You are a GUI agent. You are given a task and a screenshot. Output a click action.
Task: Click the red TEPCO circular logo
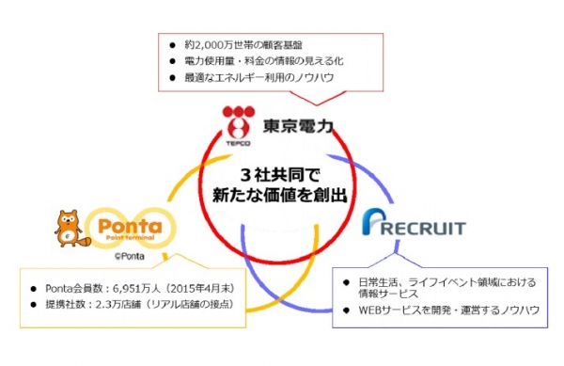click(x=235, y=120)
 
